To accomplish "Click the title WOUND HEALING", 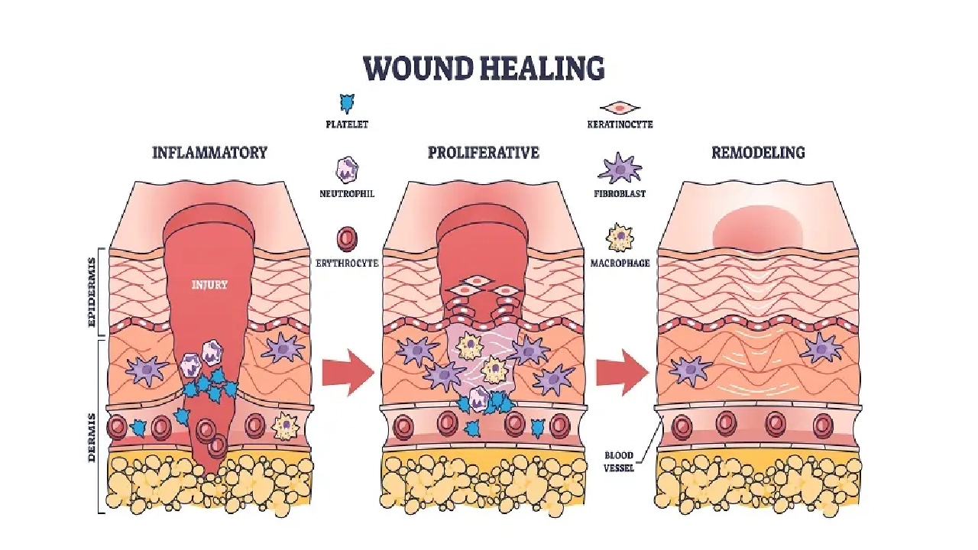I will [484, 68].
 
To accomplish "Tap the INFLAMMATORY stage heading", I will [209, 152].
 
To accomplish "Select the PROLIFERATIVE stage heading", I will [483, 152].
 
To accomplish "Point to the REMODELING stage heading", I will [757, 152].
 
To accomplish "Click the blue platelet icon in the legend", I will [348, 103].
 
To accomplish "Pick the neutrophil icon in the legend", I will [348, 170].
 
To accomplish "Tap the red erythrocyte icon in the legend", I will [348, 239].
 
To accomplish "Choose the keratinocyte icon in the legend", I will [620, 108].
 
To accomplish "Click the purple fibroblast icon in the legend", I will [620, 168].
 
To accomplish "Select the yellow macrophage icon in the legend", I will [620, 238].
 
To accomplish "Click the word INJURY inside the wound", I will [209, 285].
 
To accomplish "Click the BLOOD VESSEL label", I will [619, 461].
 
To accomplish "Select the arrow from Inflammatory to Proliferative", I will [348, 373].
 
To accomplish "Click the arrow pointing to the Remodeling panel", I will [621, 373].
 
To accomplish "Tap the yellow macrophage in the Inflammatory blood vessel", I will [285, 425].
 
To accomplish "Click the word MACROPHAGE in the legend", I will [620, 263].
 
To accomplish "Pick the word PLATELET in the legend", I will [348, 124].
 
